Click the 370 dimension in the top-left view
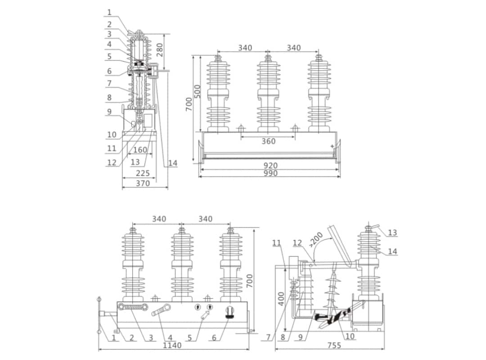[143, 183]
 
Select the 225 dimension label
[143, 173]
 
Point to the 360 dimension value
[269, 141]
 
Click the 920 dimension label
[270, 166]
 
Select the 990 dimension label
[270, 173]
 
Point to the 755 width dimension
[333, 345]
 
